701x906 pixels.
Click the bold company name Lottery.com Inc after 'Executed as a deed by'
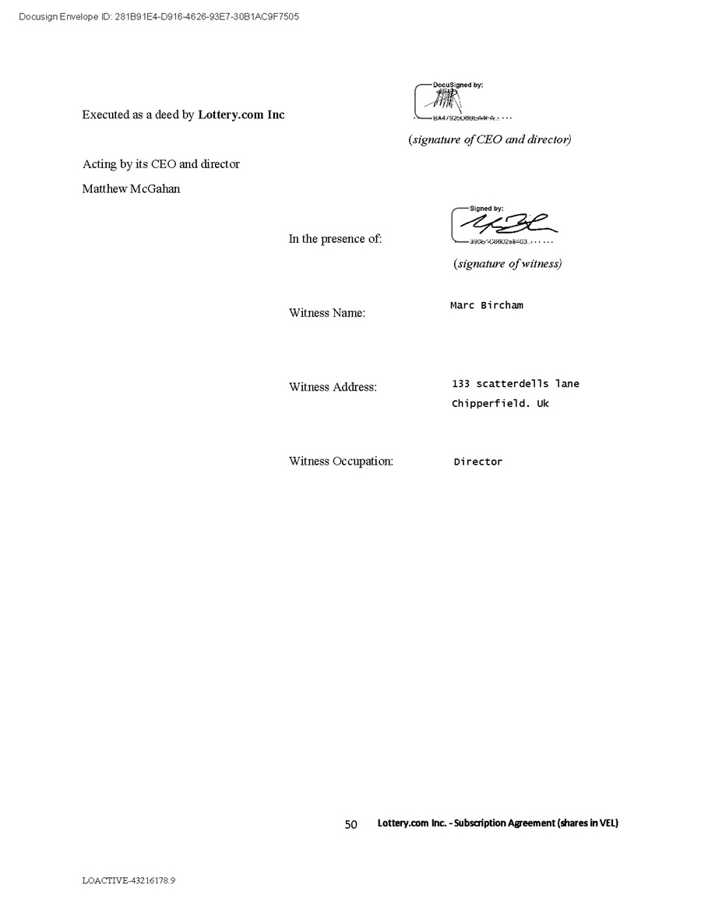(241, 115)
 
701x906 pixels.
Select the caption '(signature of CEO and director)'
(490, 140)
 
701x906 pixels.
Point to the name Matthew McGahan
(131, 188)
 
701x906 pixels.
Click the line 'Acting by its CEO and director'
(161, 164)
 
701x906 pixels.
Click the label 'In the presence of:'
(335, 239)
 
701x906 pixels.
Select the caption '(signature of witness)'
(507, 264)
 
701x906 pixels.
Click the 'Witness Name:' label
(327, 313)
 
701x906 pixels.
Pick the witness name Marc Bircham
(487, 305)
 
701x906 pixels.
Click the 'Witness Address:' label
(333, 387)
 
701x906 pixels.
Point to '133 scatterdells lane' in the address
(516, 384)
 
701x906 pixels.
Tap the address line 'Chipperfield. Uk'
(500, 404)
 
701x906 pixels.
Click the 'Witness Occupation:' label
(341, 461)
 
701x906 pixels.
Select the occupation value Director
(478, 462)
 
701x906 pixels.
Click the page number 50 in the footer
(350, 824)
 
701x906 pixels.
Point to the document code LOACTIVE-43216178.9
(129, 880)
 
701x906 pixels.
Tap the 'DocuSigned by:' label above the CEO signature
(463, 85)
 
